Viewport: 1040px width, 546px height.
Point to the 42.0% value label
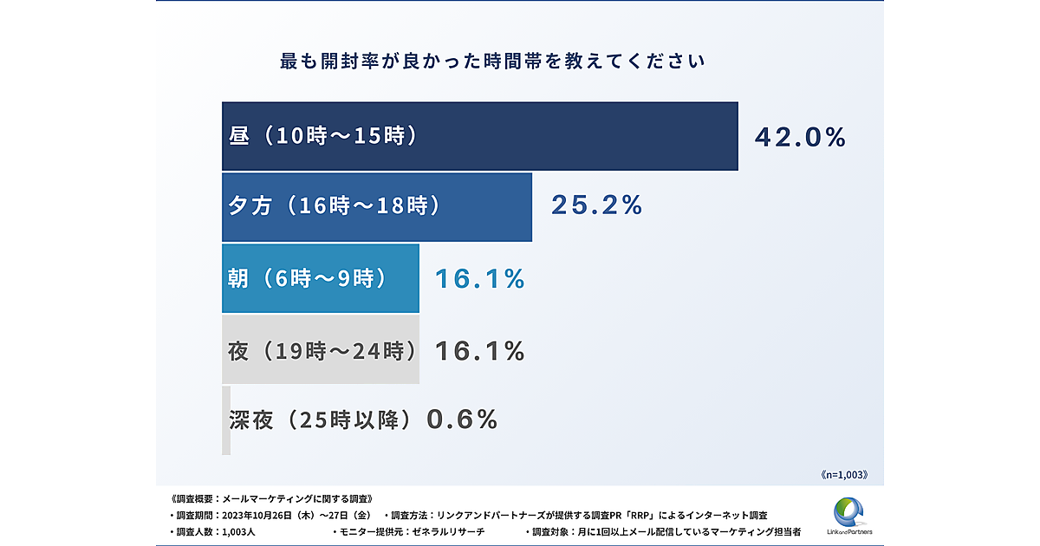799,137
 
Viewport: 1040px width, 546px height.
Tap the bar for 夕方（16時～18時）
376,206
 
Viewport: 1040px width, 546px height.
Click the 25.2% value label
597,205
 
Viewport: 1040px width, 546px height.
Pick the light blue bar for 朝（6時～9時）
320,278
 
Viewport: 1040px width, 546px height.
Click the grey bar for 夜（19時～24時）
320,349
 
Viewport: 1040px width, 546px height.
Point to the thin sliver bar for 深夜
226,420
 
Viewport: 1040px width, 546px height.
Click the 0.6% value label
463,419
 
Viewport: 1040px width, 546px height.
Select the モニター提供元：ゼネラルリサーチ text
408,530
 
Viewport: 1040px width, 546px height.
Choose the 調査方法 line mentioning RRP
580,515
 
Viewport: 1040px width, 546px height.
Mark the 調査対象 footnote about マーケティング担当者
663,530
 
